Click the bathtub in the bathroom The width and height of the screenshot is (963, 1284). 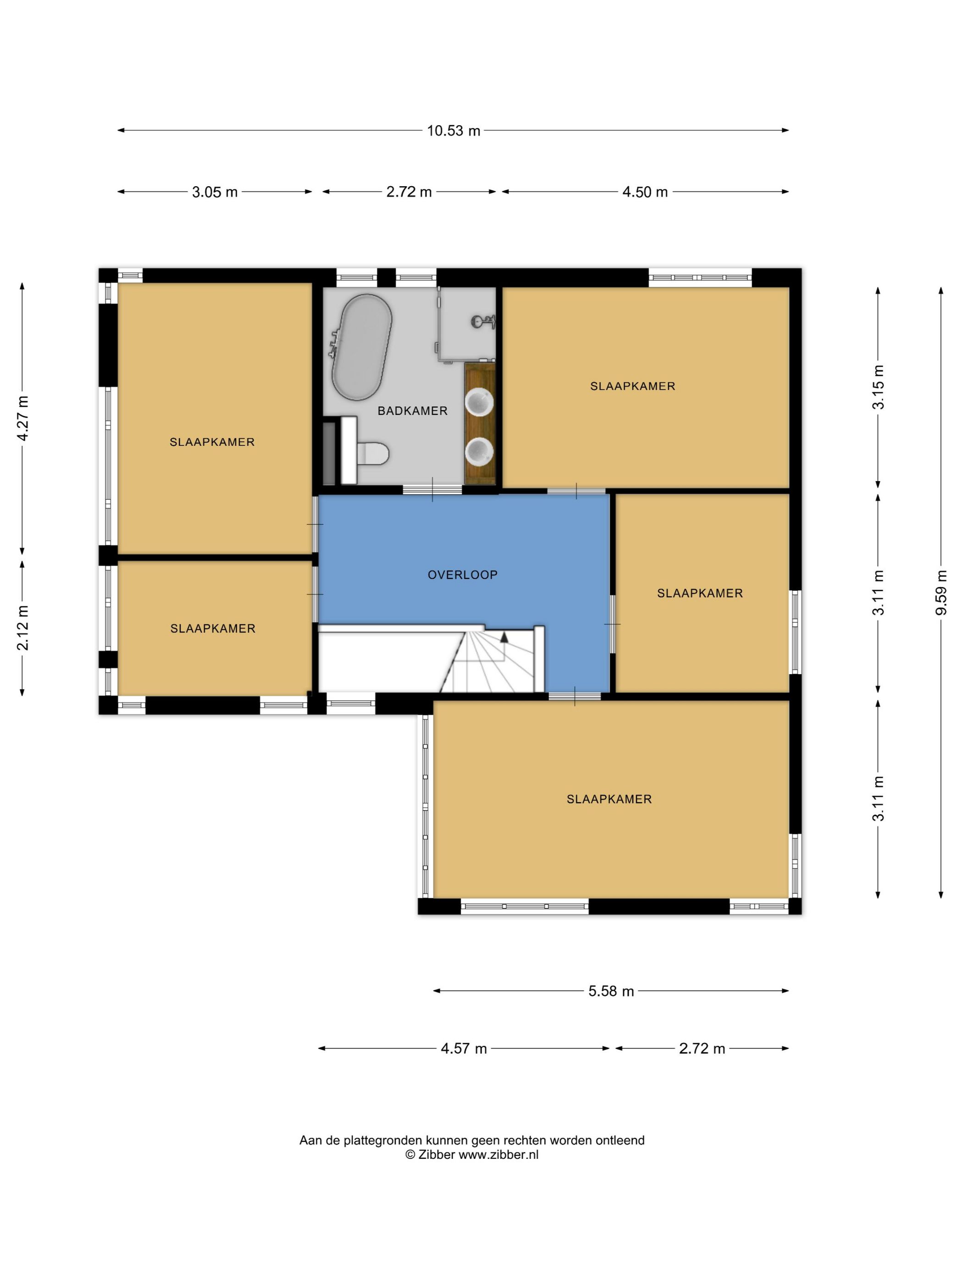[361, 348]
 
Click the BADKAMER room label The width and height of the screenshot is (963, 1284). [412, 411]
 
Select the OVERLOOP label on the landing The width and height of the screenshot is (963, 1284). [463, 575]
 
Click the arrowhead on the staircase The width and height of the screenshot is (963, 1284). [504, 637]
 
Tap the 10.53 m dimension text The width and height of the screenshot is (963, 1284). [454, 131]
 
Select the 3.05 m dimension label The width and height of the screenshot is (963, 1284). [215, 192]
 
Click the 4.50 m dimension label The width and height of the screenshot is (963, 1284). [645, 192]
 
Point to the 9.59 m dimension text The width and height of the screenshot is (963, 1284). [941, 592]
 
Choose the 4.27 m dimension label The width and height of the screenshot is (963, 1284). [22, 419]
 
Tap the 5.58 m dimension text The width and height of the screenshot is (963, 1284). [611, 991]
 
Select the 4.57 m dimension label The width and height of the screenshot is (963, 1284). [463, 1048]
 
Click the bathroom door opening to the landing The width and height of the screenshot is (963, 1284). [432, 490]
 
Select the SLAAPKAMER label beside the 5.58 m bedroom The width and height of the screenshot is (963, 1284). [609, 799]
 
